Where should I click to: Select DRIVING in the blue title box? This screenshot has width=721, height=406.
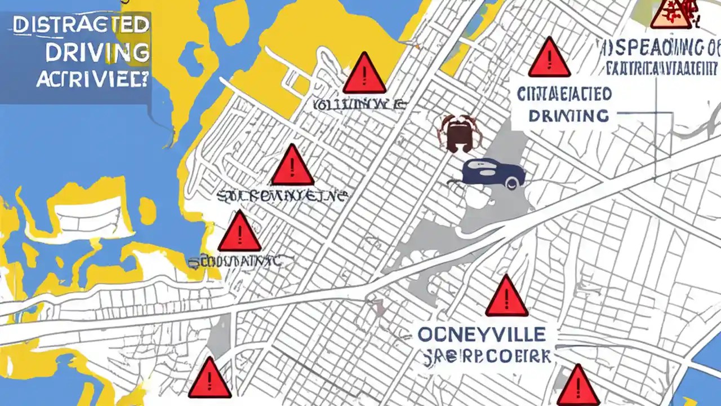click(97, 52)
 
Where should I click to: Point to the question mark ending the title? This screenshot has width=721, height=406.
click(145, 80)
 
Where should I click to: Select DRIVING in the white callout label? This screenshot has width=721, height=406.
click(569, 116)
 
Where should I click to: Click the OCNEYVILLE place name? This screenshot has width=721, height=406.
click(482, 334)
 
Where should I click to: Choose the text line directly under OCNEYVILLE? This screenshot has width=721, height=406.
click(488, 357)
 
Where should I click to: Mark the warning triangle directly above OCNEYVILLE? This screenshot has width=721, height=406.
click(506, 297)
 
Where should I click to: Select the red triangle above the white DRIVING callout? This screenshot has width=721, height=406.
click(549, 59)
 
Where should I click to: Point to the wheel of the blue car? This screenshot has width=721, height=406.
click(511, 182)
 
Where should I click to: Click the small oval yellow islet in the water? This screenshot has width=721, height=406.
click(147, 211)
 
